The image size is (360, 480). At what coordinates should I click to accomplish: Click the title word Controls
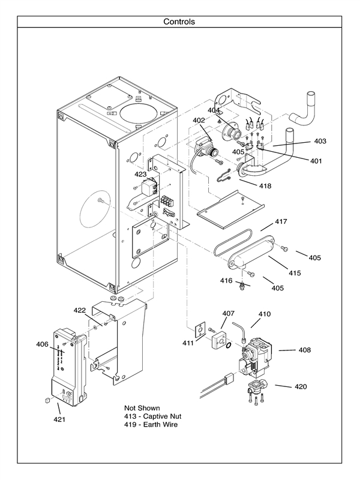[x=179, y=22]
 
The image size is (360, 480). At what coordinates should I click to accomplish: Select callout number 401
[x=316, y=161]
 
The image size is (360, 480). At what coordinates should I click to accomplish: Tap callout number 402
[x=199, y=121]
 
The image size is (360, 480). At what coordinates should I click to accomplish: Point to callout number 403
[x=320, y=141]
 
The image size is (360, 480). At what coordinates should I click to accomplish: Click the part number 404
[x=214, y=110]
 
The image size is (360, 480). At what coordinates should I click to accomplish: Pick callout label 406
[x=42, y=344]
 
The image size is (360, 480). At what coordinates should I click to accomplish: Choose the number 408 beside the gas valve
[x=304, y=349]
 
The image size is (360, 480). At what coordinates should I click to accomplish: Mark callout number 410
[x=265, y=314]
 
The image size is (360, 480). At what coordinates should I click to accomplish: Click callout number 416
[x=226, y=280]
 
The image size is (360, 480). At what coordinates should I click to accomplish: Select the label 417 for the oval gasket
[x=281, y=221]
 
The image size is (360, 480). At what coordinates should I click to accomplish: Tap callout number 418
[x=265, y=186]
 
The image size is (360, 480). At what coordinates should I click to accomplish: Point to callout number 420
[x=301, y=386]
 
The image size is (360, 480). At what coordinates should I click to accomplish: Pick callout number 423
[x=140, y=174]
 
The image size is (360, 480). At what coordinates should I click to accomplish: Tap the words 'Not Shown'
[x=142, y=407]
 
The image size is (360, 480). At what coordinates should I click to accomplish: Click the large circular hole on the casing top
[x=140, y=112]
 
